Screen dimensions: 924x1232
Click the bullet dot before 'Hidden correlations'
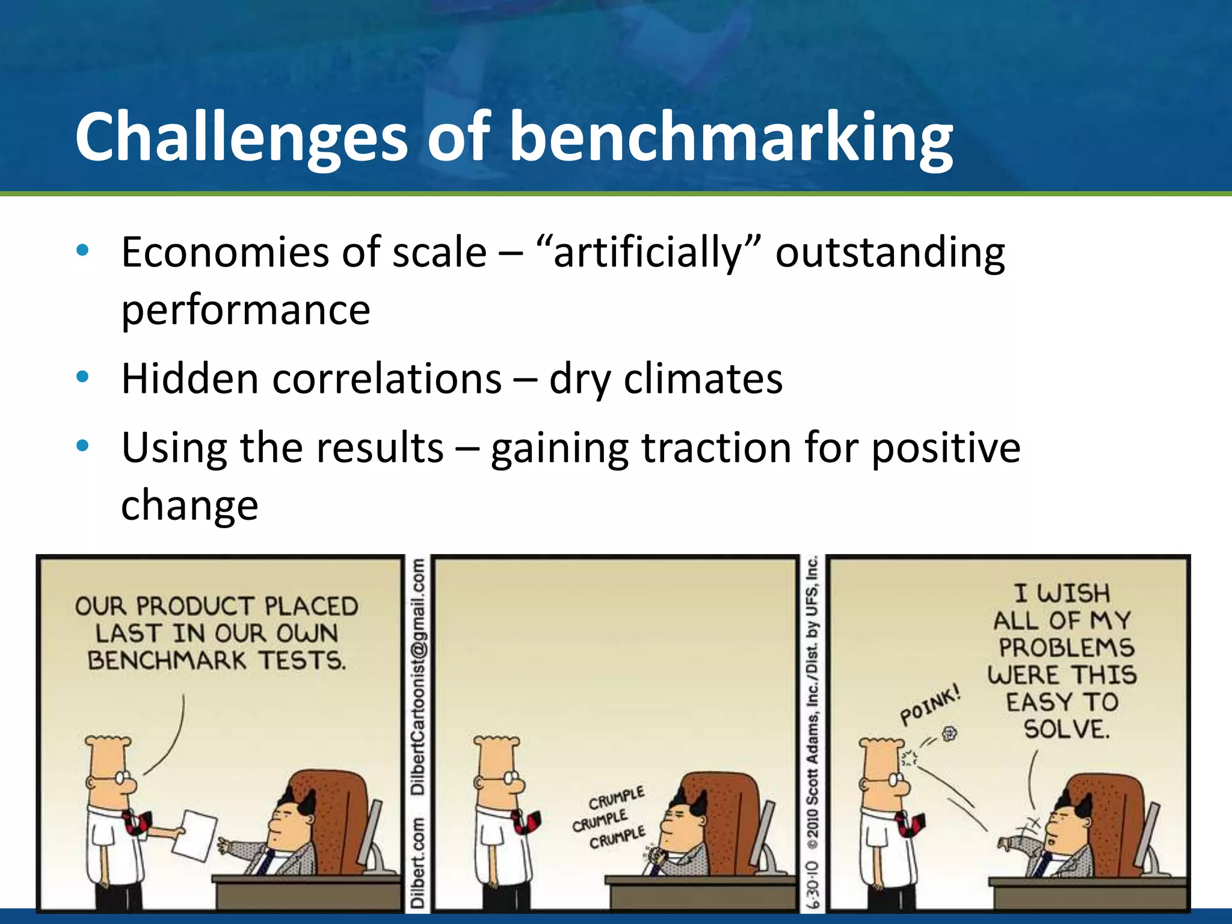pyautogui.click(x=83, y=377)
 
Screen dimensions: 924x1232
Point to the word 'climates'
pyautogui.click(x=703, y=379)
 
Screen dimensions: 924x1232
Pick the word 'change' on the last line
pyautogui.click(x=189, y=505)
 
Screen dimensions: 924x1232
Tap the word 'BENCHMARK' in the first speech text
pyautogui.click(x=167, y=661)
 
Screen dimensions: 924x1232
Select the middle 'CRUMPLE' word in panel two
pyautogui.click(x=599, y=821)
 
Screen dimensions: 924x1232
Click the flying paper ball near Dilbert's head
pyautogui.click(x=949, y=733)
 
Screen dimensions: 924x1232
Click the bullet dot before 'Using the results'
pyautogui.click(x=83, y=446)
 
